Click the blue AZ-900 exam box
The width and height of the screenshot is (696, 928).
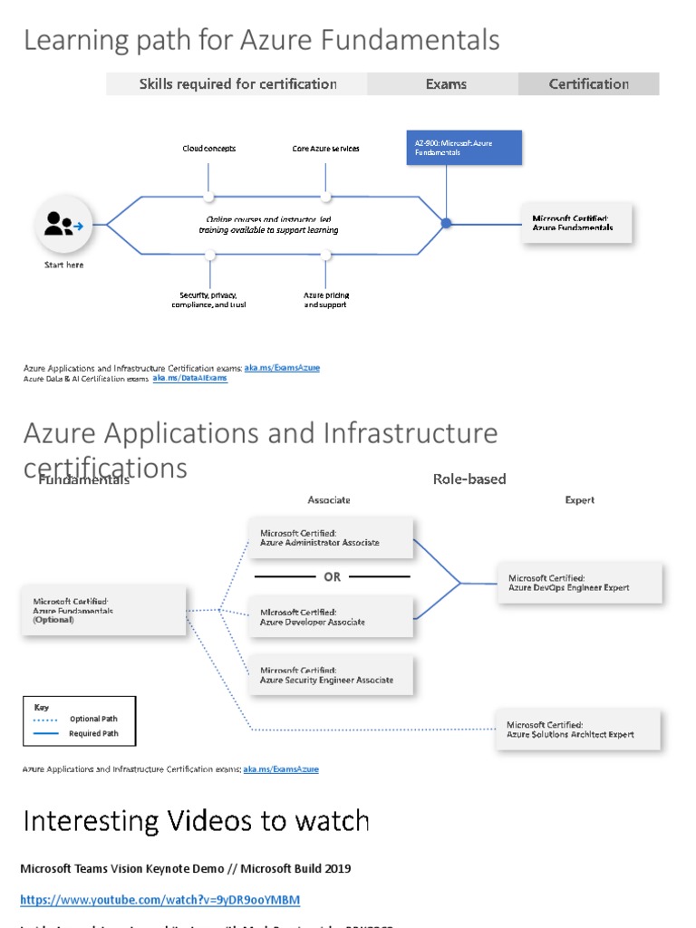(x=464, y=148)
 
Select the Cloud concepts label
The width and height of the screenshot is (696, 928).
(x=208, y=149)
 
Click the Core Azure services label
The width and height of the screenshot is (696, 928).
(x=325, y=149)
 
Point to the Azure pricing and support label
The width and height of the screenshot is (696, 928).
(x=325, y=300)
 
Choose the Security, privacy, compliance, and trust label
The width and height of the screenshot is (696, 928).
(x=208, y=300)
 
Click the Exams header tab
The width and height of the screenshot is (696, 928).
(x=446, y=84)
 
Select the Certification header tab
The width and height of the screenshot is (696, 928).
(x=588, y=84)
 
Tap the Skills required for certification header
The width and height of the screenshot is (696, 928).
(x=237, y=84)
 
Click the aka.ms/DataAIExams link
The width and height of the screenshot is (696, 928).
(x=190, y=378)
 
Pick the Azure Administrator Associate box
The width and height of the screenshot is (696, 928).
(x=330, y=538)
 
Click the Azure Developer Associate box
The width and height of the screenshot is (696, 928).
(x=330, y=617)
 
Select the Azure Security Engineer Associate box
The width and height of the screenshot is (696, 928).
(x=330, y=675)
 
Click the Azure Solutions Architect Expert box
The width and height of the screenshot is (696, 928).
(x=578, y=730)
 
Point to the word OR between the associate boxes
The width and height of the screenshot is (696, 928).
(x=333, y=576)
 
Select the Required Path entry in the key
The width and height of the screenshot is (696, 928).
(x=92, y=733)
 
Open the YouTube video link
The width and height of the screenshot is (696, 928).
(x=159, y=900)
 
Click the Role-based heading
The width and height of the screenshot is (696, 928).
(x=469, y=478)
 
